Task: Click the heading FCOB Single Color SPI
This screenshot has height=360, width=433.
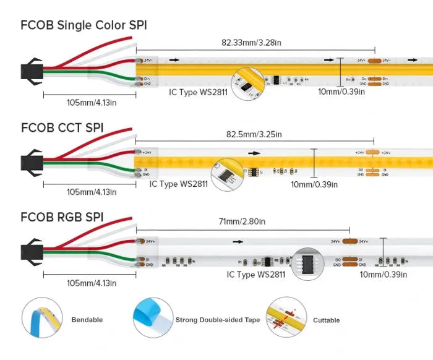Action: click(x=84, y=25)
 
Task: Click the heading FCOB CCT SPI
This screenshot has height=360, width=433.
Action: click(x=62, y=128)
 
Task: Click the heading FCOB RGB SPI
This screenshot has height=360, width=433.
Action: click(x=62, y=217)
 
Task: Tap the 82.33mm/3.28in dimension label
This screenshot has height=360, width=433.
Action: click(x=255, y=43)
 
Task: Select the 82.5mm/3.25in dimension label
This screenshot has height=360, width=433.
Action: click(x=254, y=134)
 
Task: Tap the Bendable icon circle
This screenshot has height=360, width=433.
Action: click(x=42, y=318)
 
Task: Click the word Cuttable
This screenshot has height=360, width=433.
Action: click(x=326, y=320)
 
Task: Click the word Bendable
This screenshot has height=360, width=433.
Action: click(x=87, y=320)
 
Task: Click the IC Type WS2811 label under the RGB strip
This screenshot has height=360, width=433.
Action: click(x=255, y=274)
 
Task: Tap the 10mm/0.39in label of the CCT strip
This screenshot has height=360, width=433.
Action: click(x=314, y=184)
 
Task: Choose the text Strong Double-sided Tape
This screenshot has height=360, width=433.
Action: click(x=217, y=320)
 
